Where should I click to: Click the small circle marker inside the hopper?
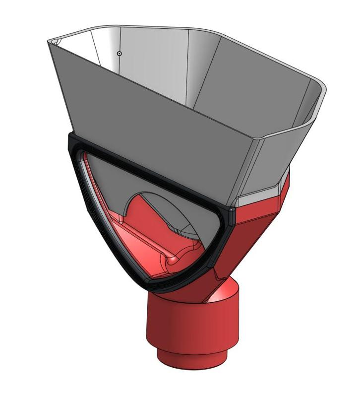coord(119,53)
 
